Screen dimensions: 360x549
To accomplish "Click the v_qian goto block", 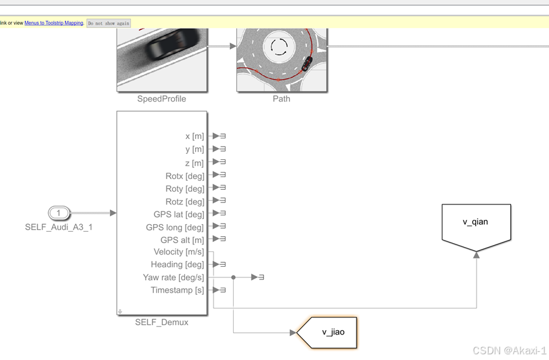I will click(x=476, y=223).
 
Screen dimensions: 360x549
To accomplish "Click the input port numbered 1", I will click(x=58, y=213).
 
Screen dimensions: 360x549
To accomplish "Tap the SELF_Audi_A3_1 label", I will click(x=58, y=227).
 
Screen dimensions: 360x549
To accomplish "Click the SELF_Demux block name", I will click(x=161, y=322).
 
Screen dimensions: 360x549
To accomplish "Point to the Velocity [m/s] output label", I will click(x=179, y=251).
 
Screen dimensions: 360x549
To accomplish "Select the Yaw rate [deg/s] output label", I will click(x=173, y=277).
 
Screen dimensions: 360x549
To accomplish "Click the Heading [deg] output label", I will click(x=177, y=264).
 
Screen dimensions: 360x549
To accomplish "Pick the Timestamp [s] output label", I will click(x=177, y=290).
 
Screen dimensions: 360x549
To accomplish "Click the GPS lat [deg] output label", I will click(x=179, y=214).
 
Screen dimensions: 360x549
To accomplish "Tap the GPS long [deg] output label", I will click(x=175, y=227).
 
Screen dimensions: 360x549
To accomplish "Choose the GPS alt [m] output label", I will click(x=182, y=240).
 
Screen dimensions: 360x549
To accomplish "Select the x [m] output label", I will click(x=194, y=136).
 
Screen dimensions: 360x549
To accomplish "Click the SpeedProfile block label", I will click(x=161, y=99).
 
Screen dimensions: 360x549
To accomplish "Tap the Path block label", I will click(x=281, y=99).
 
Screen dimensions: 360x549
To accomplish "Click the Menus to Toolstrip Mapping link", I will click(x=53, y=23).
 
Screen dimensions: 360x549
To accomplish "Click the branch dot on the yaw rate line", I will click(x=234, y=277).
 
